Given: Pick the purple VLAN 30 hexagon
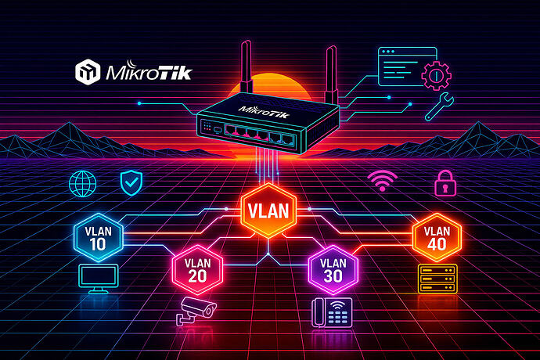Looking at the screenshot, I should coord(333,269).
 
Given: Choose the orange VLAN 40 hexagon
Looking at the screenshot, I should coord(437,235).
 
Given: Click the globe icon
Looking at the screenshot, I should coord(82,183).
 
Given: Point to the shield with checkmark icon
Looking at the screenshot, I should coord(130,183).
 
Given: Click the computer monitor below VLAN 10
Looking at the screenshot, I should coord(98,279).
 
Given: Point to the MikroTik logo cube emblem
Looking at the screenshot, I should coord(87,73).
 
